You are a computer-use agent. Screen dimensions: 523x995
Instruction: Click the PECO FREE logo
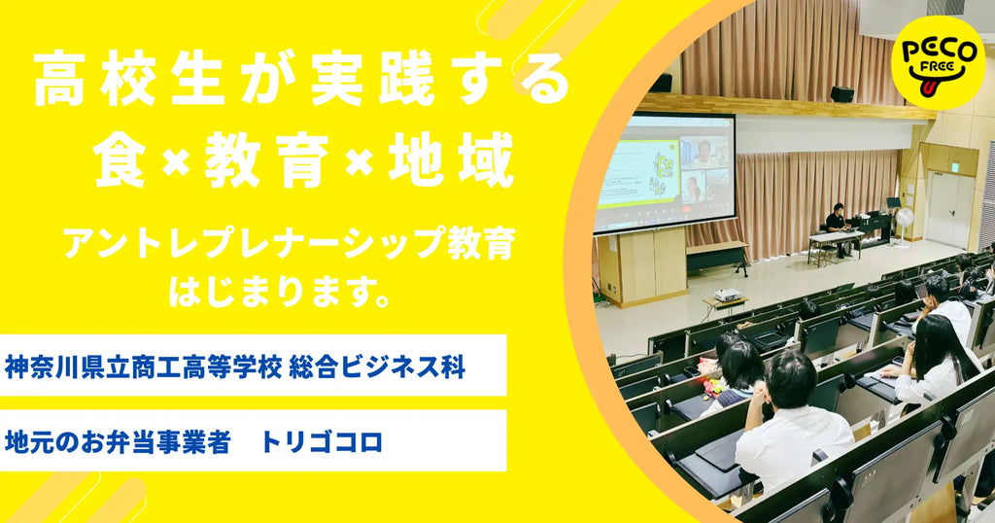pyautogui.click(x=938, y=60)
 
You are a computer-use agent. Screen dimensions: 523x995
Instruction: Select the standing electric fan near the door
pyautogui.click(x=905, y=223)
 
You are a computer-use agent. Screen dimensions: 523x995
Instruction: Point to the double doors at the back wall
pyautogui.click(x=948, y=209)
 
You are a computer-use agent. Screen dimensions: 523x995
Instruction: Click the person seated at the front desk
pyautogui.click(x=836, y=221)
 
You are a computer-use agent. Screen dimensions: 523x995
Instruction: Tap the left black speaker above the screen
pyautogui.click(x=662, y=83)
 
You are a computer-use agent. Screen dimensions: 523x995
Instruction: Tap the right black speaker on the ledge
pyautogui.click(x=841, y=94)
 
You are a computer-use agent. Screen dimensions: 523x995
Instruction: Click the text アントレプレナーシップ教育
pyautogui.click(x=288, y=244)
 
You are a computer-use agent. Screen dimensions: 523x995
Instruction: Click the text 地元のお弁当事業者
pyautogui.click(x=118, y=442)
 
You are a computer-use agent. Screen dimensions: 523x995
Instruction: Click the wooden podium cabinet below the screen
pyautogui.click(x=641, y=264)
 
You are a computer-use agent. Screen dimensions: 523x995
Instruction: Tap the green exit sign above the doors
pyautogui.click(x=955, y=166)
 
